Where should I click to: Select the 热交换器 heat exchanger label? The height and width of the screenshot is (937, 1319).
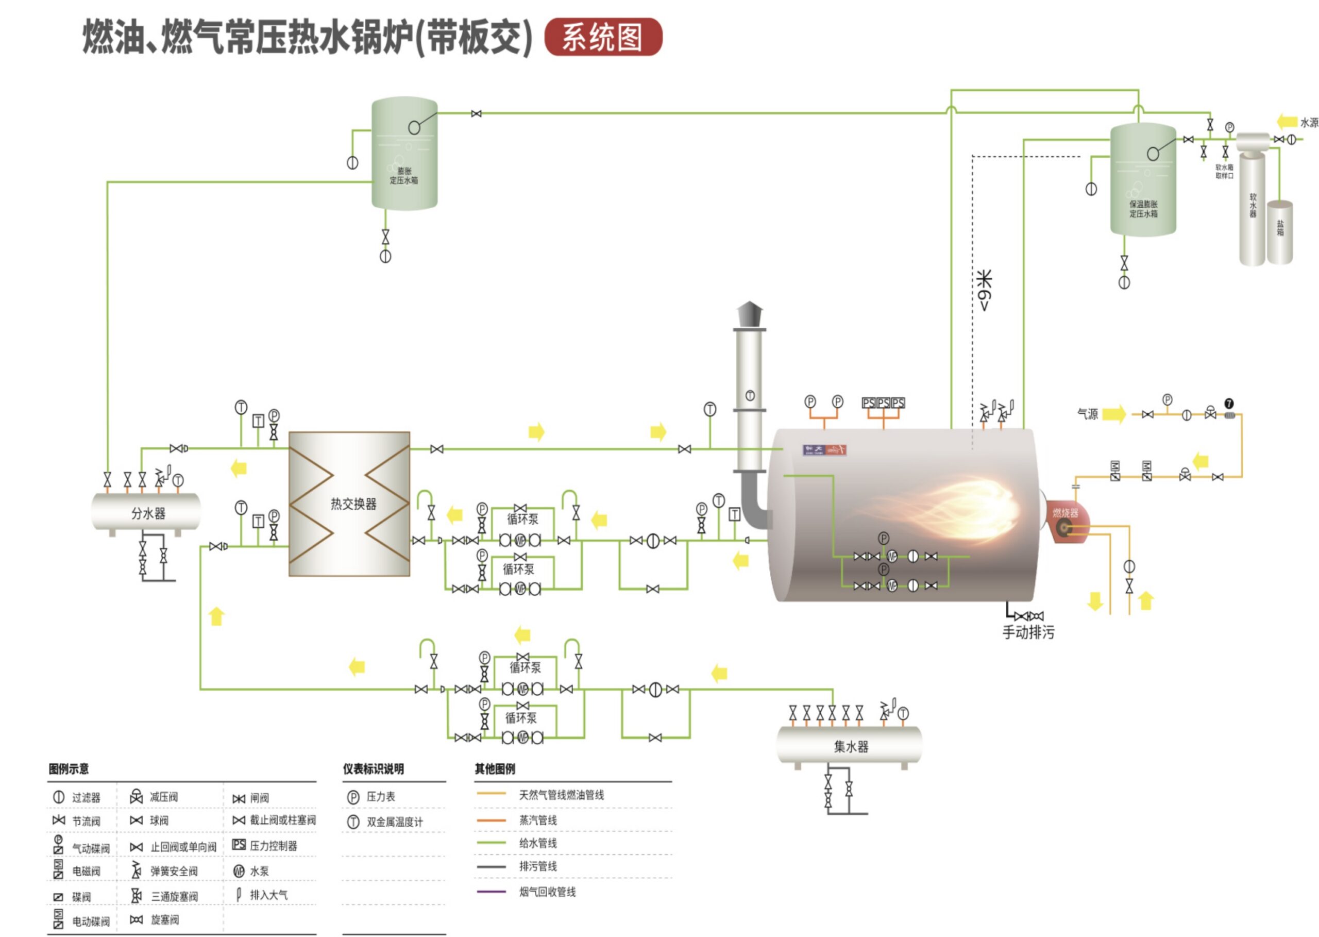[x=353, y=504]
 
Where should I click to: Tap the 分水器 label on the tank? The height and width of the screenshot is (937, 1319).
[x=148, y=513]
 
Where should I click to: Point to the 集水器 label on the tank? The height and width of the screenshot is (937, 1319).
[x=851, y=746]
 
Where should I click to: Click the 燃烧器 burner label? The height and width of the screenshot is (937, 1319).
[x=1064, y=512]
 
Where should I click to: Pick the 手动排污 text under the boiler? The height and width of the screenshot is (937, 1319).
[x=1028, y=632]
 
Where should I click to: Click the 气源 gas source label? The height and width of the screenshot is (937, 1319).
[x=1088, y=414]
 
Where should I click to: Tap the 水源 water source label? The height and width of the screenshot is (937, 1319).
[x=1309, y=122]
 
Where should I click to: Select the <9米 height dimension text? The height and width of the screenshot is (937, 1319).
[x=985, y=290]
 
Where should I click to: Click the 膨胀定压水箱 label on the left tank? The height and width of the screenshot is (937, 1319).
[x=404, y=175]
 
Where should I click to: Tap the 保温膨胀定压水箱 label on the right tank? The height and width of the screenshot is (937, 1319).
[x=1143, y=209]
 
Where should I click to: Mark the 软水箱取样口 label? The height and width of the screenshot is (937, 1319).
[x=1224, y=171]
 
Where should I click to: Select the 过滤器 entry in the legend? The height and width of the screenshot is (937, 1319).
[x=86, y=797]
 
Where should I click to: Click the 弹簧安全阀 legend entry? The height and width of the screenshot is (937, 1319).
[x=174, y=871]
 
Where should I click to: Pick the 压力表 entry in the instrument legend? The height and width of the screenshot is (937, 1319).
[x=381, y=797]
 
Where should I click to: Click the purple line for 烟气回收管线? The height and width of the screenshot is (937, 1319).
[x=491, y=892]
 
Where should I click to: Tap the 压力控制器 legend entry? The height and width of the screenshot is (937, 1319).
[x=273, y=846]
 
